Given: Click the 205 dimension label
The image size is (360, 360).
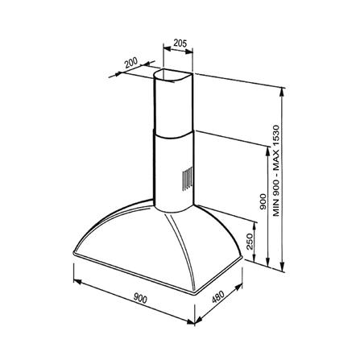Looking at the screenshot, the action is tap(180, 43).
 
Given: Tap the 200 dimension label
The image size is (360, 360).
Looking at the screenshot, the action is tap(131, 63).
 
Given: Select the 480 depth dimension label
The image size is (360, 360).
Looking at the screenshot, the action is tap(217, 296).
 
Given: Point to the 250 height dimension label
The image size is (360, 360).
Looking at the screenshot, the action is tap(250, 241).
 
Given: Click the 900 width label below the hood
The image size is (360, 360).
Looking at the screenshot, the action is tap(140, 298).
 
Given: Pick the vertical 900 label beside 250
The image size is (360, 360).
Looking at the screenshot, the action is tap(263, 201).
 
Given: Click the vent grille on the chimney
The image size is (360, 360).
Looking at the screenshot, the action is tap(188, 178).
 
